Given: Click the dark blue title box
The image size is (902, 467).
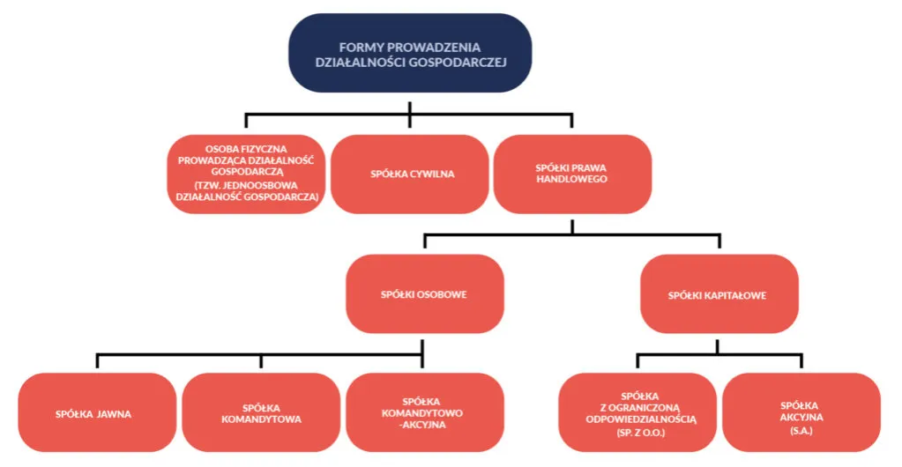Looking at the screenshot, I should [x=410, y=54].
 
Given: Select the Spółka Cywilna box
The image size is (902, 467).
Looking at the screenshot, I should [x=412, y=174].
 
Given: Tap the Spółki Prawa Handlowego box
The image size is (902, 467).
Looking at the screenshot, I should [x=571, y=174].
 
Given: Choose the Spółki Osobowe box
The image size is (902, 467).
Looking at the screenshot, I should [x=425, y=294].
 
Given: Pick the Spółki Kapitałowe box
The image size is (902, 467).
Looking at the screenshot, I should [x=719, y=294].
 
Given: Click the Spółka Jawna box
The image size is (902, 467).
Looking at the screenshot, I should [x=97, y=413].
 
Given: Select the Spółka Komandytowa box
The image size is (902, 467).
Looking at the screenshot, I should [x=261, y=413].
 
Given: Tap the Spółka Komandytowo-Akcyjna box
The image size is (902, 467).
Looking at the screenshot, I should [x=425, y=413].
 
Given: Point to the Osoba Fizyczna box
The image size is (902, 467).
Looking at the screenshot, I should [x=247, y=174].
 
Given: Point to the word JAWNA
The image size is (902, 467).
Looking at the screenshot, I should [x=114, y=413].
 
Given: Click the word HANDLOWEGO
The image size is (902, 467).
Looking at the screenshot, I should [x=571, y=180].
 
